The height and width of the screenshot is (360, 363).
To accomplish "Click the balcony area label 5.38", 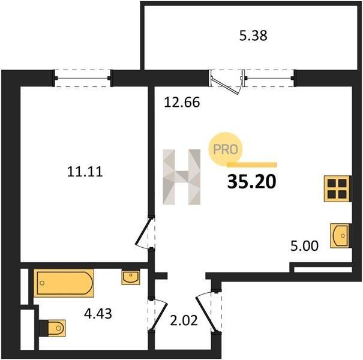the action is (x=253, y=36).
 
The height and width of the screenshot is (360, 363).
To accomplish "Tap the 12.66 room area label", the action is (x=182, y=103).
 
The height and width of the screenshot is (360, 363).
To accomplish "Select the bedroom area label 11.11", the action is (x=85, y=172).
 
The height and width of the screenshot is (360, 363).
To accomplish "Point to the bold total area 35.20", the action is (x=252, y=182).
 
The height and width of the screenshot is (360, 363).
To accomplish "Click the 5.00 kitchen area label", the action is (x=305, y=246).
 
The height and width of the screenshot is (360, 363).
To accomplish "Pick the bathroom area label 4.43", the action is (x=98, y=314).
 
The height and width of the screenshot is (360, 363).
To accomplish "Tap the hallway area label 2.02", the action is (x=184, y=320).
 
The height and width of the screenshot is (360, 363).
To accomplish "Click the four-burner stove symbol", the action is (x=338, y=188).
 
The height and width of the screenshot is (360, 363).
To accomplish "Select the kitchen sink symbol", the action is (x=341, y=236).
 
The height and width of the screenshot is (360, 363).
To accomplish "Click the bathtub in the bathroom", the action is (x=64, y=283).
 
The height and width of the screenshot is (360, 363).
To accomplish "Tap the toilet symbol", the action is (x=53, y=328).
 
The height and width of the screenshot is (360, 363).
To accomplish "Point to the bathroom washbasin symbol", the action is (x=131, y=277).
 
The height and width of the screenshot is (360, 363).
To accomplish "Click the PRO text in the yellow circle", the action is (x=225, y=149).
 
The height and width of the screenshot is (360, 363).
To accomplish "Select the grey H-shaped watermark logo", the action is (x=181, y=177).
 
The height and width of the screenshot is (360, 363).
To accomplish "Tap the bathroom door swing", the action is (x=159, y=315).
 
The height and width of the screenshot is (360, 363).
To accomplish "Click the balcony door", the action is (x=226, y=82).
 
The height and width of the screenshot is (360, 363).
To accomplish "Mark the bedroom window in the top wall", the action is (x=83, y=78).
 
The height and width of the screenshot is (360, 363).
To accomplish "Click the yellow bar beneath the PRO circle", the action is (x=252, y=164).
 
